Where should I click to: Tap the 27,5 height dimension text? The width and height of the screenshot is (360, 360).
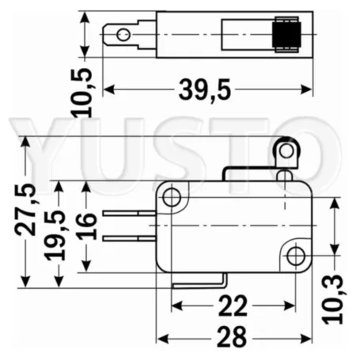point(26,209)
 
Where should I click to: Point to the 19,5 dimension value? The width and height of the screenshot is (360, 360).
point(56,237)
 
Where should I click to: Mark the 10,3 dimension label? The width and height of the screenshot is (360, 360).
point(333,299)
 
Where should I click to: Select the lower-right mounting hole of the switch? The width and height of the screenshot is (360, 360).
point(295,256)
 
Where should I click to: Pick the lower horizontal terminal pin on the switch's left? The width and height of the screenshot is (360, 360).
point(131,237)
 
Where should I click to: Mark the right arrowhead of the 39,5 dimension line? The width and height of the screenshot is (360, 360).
point(308,89)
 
